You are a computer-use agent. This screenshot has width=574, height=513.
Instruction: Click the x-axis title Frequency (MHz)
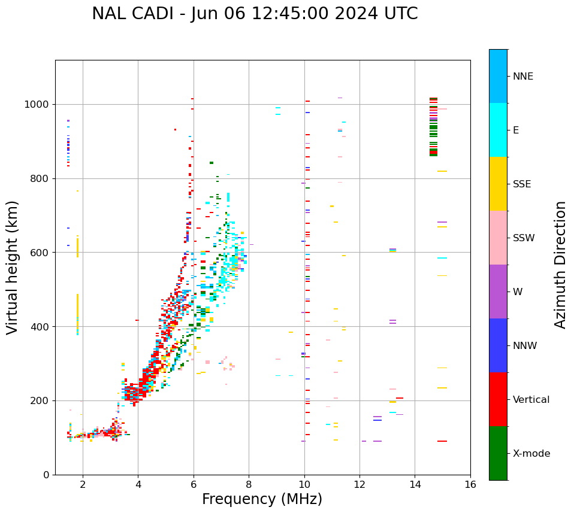click(262, 499)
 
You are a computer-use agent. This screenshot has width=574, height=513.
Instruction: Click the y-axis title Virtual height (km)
click(13, 267)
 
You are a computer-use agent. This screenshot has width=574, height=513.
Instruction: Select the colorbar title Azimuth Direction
click(560, 265)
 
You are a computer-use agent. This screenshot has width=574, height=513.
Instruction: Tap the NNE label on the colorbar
click(523, 77)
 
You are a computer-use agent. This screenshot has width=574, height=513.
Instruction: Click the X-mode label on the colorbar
click(531, 454)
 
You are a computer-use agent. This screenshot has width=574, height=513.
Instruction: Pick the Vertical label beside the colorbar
click(531, 400)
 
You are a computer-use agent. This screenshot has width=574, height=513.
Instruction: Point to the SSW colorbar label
click(524, 238)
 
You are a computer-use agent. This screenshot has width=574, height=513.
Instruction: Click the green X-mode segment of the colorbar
click(498, 453)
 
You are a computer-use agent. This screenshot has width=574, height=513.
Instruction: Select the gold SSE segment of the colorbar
click(498, 184)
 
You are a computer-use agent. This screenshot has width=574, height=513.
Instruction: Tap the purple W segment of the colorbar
click(498, 292)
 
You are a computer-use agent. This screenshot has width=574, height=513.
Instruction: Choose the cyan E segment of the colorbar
click(498, 130)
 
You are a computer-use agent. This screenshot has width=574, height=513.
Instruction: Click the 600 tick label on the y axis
click(40, 253)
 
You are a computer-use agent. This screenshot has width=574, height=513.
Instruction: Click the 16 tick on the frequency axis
click(470, 484)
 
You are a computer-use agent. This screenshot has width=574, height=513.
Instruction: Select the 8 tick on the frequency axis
click(249, 484)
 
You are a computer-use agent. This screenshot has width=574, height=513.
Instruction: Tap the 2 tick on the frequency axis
click(83, 484)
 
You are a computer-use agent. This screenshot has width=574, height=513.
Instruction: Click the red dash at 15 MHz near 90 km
click(442, 441)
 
